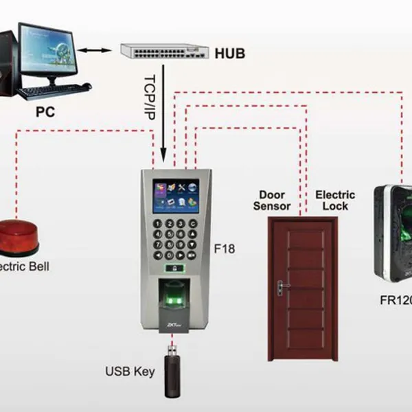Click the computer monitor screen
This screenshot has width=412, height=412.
49,54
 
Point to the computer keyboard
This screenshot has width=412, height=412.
54,90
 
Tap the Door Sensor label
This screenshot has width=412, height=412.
272,200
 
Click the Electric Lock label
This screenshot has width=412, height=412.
334,200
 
